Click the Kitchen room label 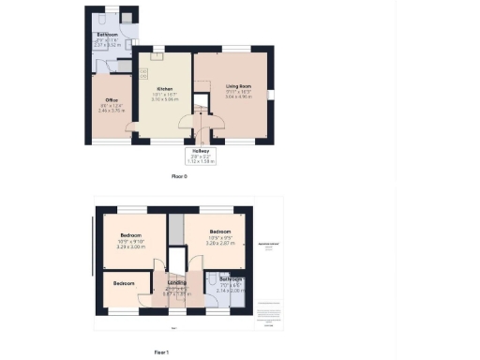coord(152,86)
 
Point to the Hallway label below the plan coord(202,150)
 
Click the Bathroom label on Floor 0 coord(106,35)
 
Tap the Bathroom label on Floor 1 coord(231,279)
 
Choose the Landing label coord(176,281)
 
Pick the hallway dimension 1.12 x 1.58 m coord(202,161)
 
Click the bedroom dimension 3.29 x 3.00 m coord(129,246)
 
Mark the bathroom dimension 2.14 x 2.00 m coord(231,291)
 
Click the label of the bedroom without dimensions coord(123,282)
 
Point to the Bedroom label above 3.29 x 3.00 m coord(129,234)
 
